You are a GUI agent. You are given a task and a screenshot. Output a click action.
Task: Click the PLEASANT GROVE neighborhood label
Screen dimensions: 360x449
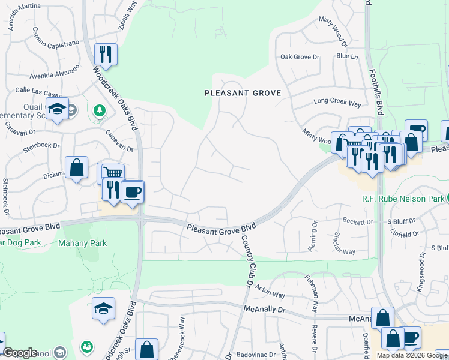coord(243,93)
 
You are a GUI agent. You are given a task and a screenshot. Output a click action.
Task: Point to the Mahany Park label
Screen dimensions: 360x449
coord(82,243)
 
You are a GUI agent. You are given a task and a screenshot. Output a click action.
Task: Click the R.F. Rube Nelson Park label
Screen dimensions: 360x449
coord(402,199)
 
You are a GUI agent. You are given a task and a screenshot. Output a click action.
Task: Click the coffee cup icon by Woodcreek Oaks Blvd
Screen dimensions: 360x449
coord(132,192)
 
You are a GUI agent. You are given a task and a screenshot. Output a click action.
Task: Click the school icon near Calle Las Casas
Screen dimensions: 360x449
coord(57,109)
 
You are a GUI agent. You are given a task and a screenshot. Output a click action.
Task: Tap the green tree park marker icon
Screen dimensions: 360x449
coord(99,110)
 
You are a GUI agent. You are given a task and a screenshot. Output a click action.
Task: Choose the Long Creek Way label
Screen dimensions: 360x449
coord(337,103)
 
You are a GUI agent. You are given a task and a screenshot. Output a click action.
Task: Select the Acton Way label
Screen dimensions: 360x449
coord(270,293)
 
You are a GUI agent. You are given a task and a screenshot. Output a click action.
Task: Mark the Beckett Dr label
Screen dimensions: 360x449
coord(357,222)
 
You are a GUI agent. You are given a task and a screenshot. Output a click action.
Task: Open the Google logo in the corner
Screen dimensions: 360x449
coord(20,353)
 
